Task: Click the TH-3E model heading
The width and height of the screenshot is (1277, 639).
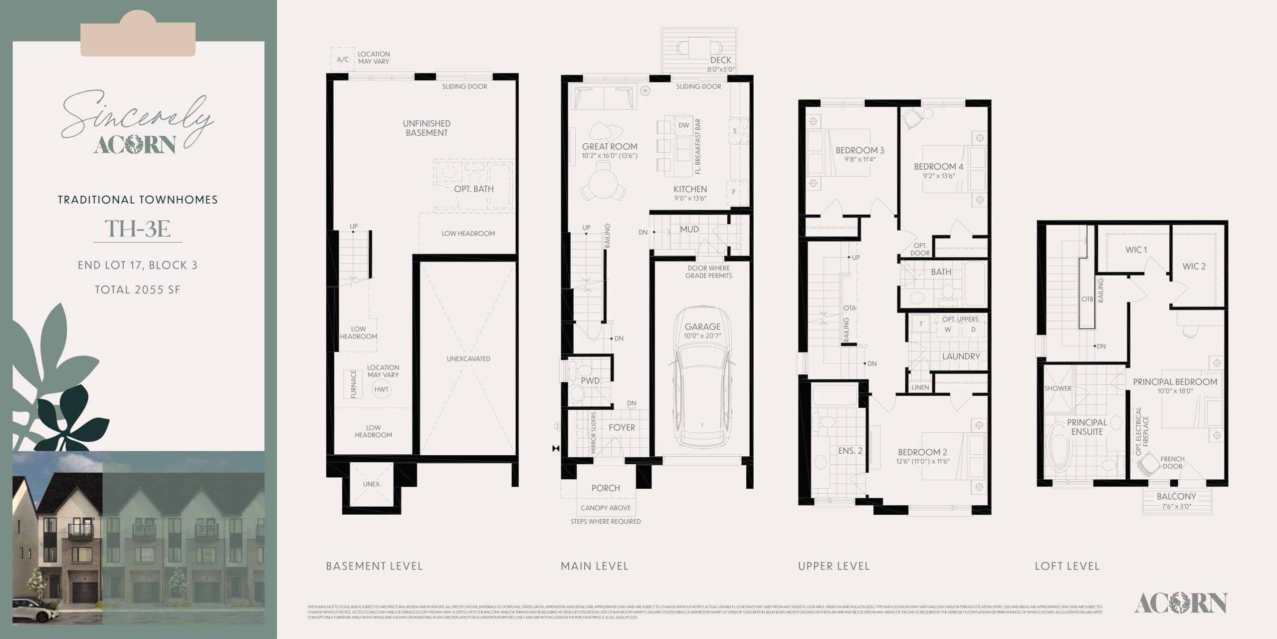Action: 138,229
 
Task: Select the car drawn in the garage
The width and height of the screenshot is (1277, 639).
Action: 702,384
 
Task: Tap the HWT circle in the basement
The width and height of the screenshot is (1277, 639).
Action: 381,389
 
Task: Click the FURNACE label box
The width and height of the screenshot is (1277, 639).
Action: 353,384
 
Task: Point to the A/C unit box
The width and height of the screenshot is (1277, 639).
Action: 342,59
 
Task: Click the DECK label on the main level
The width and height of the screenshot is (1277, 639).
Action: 720,60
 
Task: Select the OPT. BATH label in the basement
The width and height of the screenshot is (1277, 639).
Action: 473,189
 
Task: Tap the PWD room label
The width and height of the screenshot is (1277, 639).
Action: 590,380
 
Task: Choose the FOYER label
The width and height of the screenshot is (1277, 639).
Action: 622,427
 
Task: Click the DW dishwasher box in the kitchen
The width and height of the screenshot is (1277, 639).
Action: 683,125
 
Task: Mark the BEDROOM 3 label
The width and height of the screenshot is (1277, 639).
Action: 859,150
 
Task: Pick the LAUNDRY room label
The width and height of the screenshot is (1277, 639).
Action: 961,356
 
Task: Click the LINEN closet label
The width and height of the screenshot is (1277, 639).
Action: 920,387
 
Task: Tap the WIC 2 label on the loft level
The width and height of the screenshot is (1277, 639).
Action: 1194,267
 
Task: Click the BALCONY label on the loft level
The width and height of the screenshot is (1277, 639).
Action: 1176,496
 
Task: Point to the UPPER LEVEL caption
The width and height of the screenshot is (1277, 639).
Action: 834,566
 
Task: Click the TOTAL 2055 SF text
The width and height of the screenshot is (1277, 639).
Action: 138,290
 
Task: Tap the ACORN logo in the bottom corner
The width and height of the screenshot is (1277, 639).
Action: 1180,603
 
